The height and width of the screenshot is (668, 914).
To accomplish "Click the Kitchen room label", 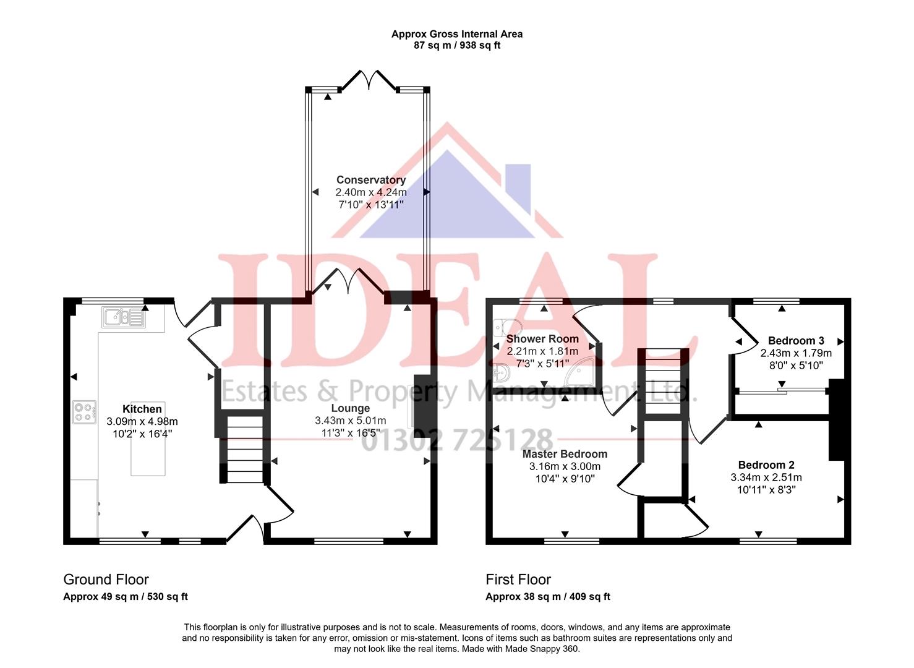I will [142, 409].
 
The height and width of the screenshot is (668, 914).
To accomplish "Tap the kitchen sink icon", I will [124, 317].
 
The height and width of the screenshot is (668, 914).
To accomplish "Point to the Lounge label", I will [350, 408].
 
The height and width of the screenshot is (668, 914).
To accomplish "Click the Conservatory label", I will [370, 180].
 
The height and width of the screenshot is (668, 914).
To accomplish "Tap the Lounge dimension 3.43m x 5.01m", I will [350, 421].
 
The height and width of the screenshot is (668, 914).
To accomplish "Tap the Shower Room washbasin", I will [502, 373].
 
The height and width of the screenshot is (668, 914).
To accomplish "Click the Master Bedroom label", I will [565, 454].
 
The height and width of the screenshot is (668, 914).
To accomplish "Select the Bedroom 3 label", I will [796, 341].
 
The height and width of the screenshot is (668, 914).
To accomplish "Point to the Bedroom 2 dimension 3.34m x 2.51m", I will [766, 477].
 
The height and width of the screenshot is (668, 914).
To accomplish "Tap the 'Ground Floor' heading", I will [106, 580].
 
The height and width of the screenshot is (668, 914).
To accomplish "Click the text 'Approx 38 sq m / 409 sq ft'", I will [548, 597].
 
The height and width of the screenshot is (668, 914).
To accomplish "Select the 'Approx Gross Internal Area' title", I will [456, 34].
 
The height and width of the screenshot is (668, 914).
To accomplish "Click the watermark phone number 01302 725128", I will [456, 440].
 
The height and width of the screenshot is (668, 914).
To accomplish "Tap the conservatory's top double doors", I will [370, 81].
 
